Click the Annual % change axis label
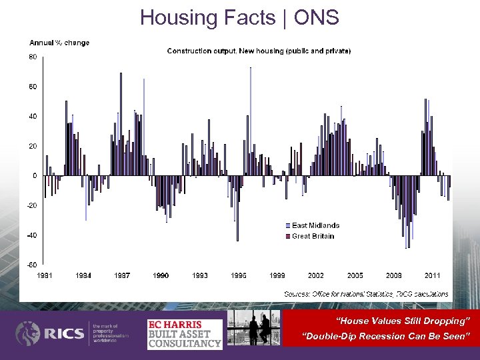(59, 43)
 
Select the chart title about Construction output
(259, 51)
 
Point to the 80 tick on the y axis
(33, 57)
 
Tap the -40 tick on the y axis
(32, 235)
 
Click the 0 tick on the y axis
(35, 176)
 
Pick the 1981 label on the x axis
(45, 275)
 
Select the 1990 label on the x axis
(161, 275)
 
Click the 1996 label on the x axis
(238, 275)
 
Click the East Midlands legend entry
(315, 225)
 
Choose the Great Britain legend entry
(312, 236)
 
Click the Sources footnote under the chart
(365, 294)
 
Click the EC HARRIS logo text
(174, 325)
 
